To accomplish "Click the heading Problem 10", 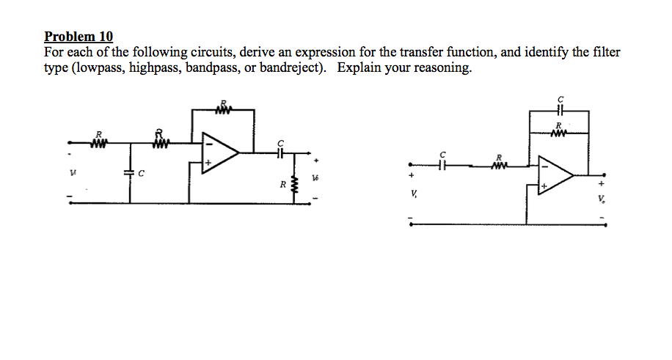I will [x=78, y=37].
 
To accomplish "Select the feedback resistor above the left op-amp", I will [x=224, y=111].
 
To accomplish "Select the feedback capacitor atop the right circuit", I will [x=559, y=111].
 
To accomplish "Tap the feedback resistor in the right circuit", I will [x=559, y=133].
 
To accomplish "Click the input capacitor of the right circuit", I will [x=442, y=165].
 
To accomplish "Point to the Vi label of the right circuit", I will [x=414, y=194].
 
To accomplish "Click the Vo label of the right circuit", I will [x=603, y=200].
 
